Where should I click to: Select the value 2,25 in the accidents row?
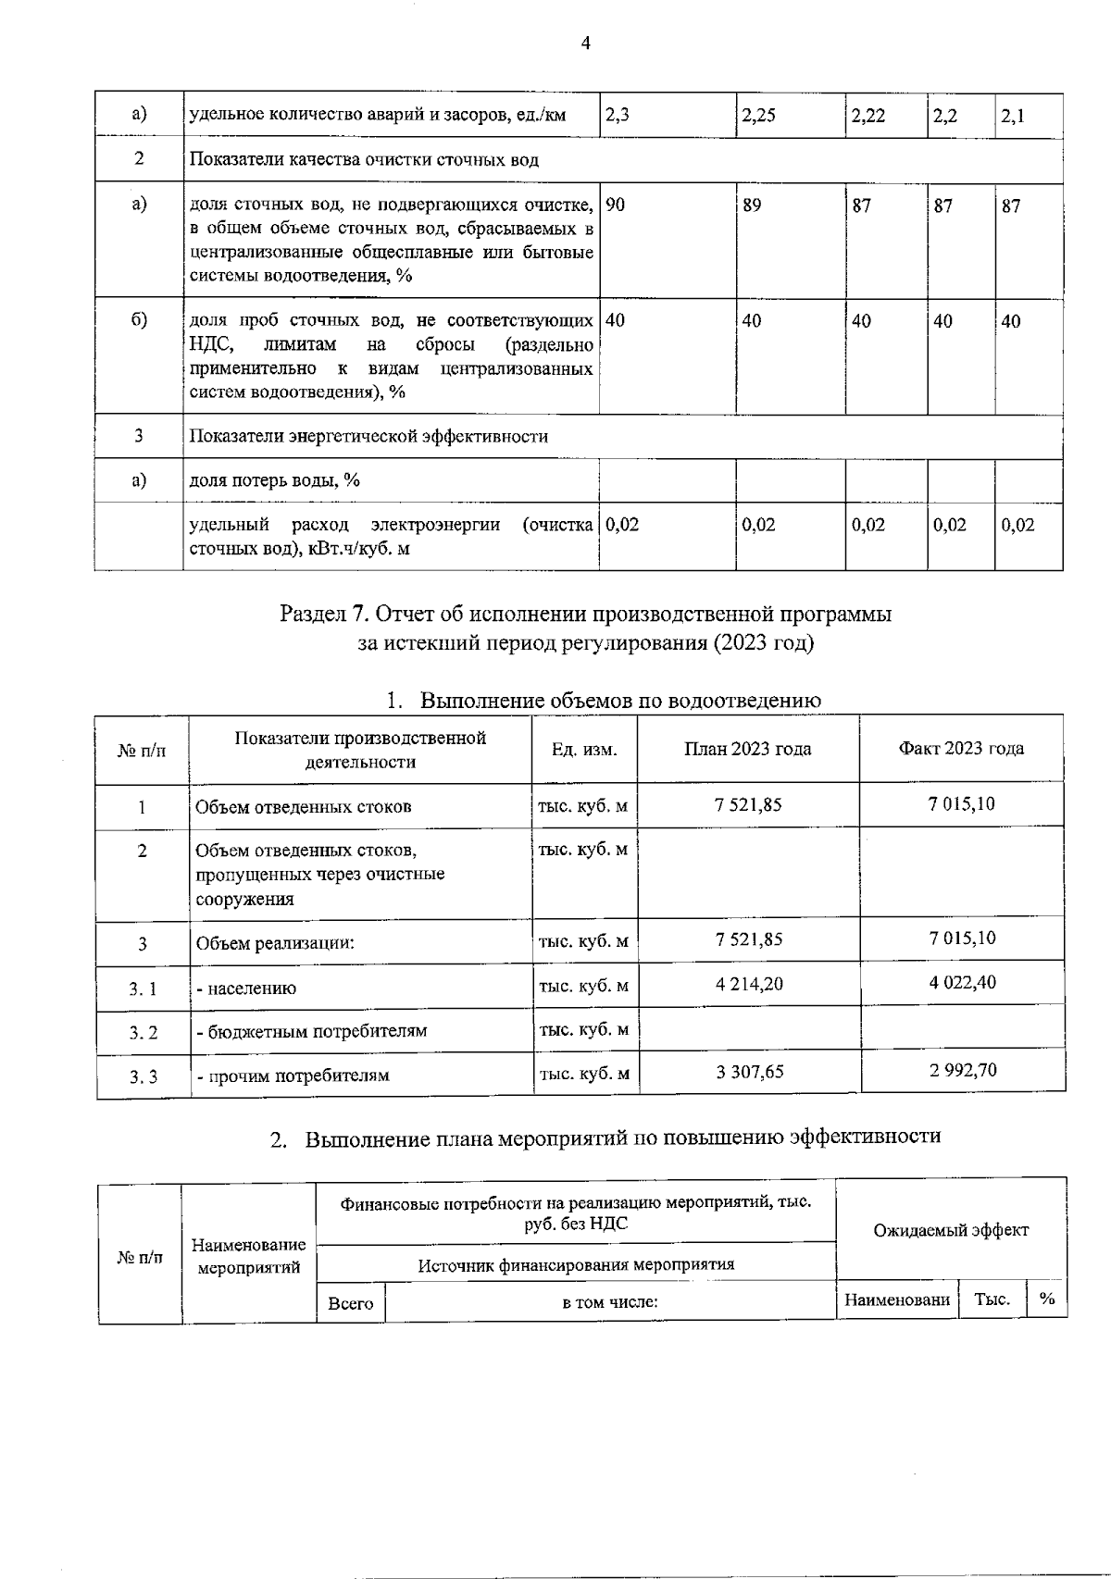tap(759, 117)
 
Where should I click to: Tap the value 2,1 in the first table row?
tap(1013, 117)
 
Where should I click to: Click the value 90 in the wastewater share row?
tap(616, 205)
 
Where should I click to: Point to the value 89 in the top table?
tap(752, 205)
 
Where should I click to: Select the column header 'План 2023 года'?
tap(747, 749)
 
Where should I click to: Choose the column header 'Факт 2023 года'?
tap(961, 749)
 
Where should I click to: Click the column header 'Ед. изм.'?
tap(584, 750)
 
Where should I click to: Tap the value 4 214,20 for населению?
tap(749, 984)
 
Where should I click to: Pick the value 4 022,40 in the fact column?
tap(963, 982)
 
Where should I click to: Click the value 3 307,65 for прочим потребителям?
tap(749, 1072)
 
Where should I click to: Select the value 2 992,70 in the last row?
tap(963, 1070)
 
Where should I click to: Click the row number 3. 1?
tap(143, 988)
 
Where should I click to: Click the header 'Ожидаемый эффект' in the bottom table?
tap(951, 1230)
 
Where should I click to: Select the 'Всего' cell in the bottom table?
tap(351, 1303)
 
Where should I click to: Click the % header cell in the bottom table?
tap(1047, 1299)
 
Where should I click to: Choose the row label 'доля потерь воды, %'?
tap(274, 480)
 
